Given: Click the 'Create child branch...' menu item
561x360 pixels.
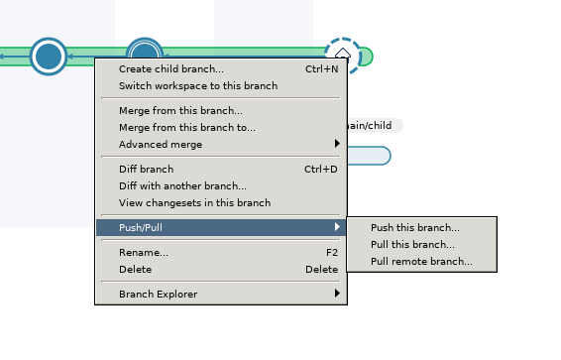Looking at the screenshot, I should pos(171,69).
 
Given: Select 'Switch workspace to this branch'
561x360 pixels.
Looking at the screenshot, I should pos(198,86).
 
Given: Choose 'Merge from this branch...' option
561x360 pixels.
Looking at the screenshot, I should pos(180,111).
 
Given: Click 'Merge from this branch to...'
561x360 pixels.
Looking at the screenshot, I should pos(187,128).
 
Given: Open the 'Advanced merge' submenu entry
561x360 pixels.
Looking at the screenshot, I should pos(161,145).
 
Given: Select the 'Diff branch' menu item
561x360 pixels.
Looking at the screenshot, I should pos(146,170).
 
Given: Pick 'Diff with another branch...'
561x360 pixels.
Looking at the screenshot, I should pos(182,186).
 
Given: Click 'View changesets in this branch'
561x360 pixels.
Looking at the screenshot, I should pos(194,203).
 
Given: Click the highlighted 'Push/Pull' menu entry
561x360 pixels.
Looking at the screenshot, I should pos(141,228).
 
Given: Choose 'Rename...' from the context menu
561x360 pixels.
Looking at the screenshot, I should pos(144,253).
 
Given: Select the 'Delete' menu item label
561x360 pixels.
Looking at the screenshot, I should pos(136,270).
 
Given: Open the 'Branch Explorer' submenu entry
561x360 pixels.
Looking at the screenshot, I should pos(158,295).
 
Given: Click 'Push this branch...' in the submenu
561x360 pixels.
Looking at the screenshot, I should pos(415,228).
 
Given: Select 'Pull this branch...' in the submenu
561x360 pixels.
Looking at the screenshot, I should pos(413,245).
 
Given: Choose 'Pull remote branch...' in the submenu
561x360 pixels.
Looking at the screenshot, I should pos(421,263).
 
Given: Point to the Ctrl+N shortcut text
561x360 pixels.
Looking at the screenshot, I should pos(321,69).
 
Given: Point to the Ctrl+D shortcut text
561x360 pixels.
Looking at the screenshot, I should pos(321,170).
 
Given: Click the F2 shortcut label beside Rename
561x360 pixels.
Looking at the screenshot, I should pos(332,253).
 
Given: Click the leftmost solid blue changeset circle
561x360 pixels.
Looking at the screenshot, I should pos(48,57).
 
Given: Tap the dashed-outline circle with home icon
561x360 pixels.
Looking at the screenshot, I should pos(343,56).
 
